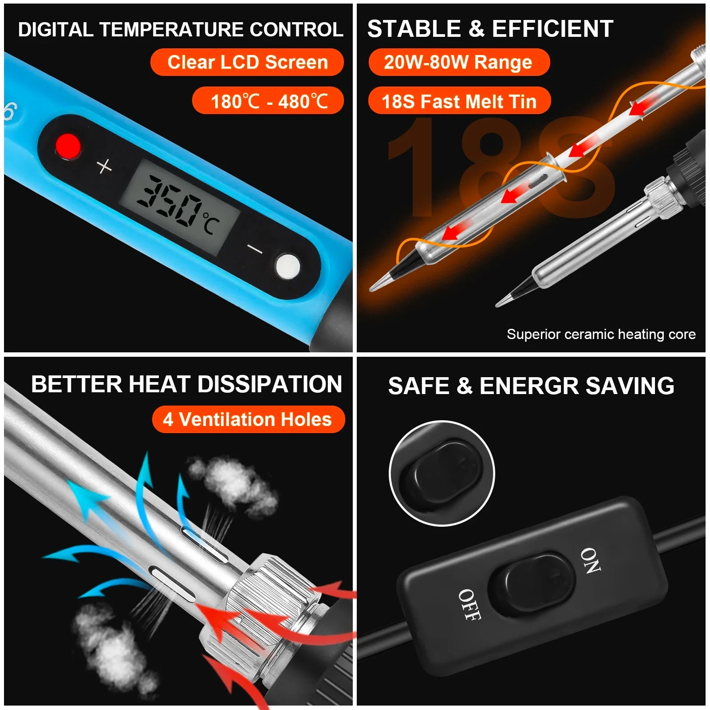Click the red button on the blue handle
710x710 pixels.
coord(68,146)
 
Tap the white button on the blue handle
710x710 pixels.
coord(288,266)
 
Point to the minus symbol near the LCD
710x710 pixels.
coord(255,249)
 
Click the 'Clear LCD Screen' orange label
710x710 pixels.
coord(247,62)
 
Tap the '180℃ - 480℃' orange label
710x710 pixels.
coord(268,101)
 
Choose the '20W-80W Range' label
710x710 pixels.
coord(459,62)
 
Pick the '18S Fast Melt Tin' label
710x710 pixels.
coord(459,101)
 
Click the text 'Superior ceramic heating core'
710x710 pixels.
coord(601,334)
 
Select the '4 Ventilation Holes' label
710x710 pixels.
coord(248,419)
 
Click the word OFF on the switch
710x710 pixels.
coord(469,604)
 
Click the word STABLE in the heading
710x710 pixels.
coord(414,29)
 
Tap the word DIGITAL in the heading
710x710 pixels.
coord(55,30)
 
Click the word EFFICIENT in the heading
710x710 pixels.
coord(552,29)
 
